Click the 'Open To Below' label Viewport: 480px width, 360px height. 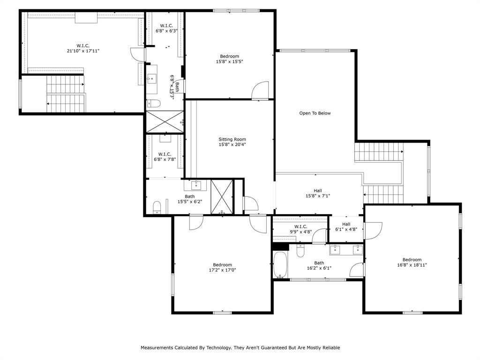(315, 113)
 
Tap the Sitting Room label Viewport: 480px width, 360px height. (232, 139)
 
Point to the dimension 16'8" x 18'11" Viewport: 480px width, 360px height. (412, 265)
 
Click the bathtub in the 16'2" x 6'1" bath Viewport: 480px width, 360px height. (280, 264)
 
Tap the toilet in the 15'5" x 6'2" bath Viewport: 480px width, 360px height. (157, 206)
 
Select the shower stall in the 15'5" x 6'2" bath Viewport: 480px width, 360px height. (221, 196)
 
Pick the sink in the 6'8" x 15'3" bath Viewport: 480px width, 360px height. (152, 78)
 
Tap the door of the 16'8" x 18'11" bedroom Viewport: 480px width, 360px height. (373, 230)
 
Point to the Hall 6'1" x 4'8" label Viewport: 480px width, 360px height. (346, 227)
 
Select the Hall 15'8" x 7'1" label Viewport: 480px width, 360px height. (317, 193)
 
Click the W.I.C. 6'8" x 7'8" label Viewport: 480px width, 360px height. (164, 157)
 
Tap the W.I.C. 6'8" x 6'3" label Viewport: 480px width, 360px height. (166, 28)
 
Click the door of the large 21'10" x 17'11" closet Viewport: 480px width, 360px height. (137, 54)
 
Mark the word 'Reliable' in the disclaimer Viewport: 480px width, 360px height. (330, 348)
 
